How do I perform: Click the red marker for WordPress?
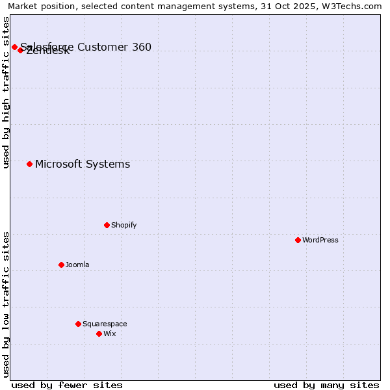[298, 240]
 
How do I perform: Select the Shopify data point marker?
[107, 225]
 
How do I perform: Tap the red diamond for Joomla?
[61, 265]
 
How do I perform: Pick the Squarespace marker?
[78, 324]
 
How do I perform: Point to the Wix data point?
[99, 333]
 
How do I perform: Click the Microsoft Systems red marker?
[29, 164]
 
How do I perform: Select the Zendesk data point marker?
[20, 50]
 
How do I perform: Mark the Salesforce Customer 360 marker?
[14, 47]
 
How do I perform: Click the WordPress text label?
[320, 240]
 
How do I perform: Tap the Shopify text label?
[124, 225]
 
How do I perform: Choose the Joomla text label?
[77, 265]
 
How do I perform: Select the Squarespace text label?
[105, 324]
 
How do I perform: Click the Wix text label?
[110, 333]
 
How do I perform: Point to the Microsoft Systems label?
[83, 164]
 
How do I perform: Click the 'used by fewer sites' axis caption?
[67, 385]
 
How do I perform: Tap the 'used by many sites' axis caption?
[326, 385]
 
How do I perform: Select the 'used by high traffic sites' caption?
[6, 93]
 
